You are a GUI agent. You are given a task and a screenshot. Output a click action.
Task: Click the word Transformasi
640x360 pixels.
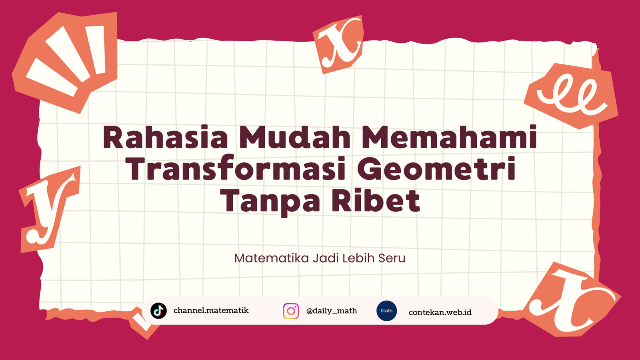click(x=236, y=168)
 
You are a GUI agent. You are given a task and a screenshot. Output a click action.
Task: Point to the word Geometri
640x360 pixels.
click(x=436, y=168)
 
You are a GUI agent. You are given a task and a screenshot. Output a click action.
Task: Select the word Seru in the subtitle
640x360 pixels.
click(x=392, y=258)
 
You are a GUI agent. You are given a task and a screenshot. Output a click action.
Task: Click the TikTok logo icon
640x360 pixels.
click(x=158, y=310)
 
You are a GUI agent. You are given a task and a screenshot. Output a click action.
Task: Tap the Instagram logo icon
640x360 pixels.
click(x=291, y=311)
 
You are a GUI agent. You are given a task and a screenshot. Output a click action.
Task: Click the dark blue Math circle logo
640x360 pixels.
click(x=386, y=311)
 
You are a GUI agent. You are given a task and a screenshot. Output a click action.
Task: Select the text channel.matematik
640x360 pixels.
click(x=211, y=310)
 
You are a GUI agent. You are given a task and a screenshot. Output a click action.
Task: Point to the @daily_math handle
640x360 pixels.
click(x=332, y=311)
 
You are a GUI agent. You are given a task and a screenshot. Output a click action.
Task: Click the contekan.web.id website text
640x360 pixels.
click(x=440, y=312)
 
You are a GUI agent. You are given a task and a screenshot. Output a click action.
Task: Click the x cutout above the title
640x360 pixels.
click(x=338, y=44)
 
